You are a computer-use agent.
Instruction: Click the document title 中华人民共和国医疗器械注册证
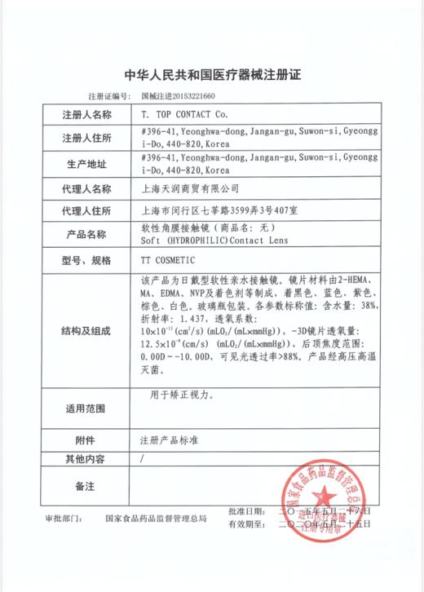(x=212, y=75)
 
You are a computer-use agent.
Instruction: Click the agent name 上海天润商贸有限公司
(x=179, y=189)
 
